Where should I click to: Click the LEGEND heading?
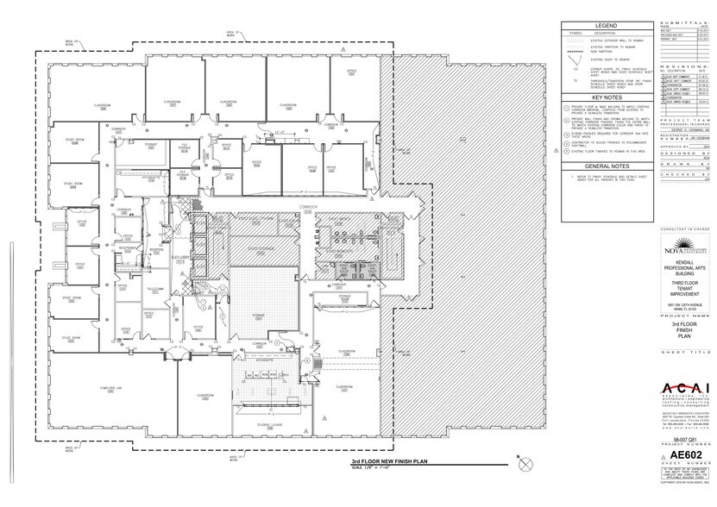click(603, 26)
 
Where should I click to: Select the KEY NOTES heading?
click(603, 98)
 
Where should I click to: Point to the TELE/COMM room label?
click(155, 289)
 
